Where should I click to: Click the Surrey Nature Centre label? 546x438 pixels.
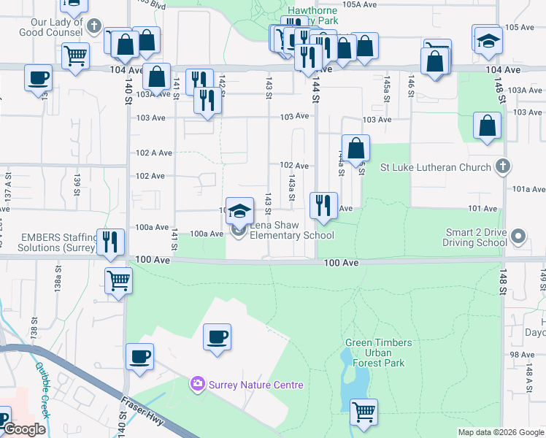click(255, 385)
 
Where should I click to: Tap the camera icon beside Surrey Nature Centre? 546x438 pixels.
click(198, 384)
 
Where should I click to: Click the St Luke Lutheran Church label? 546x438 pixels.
click(436, 167)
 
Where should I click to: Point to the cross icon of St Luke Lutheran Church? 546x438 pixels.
click(501, 167)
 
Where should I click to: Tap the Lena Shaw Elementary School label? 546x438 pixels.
click(292, 230)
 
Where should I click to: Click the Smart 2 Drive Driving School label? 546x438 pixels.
click(477, 237)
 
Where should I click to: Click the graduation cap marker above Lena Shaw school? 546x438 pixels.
click(239, 212)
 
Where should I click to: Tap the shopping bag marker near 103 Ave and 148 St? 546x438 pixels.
click(487, 126)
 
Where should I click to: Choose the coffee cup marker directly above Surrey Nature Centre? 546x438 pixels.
click(217, 337)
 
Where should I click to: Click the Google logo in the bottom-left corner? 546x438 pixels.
click(24, 430)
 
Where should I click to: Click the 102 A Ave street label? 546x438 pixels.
click(153, 153)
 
